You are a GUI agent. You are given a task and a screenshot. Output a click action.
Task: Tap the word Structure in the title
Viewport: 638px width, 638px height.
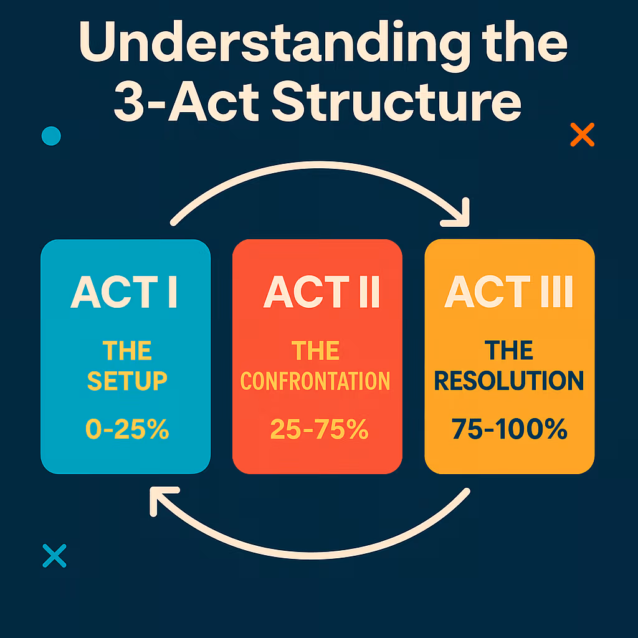tap(397, 102)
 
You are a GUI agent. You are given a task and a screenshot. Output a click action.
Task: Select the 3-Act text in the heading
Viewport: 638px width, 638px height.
tap(186, 102)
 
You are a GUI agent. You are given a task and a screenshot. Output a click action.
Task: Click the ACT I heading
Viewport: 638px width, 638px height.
tap(124, 292)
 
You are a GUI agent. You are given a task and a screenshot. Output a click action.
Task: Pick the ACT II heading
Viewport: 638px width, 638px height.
tap(321, 292)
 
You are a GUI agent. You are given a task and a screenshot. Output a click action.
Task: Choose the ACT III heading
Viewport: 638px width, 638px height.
tap(508, 292)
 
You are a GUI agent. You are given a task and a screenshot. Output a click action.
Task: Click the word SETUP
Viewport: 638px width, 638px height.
tap(127, 381)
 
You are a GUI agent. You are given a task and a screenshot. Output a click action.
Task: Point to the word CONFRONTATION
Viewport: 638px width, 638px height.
tap(315, 381)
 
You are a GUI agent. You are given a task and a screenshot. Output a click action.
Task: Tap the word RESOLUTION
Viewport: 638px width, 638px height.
tap(509, 381)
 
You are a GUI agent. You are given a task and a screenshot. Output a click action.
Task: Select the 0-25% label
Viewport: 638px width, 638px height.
tap(127, 429)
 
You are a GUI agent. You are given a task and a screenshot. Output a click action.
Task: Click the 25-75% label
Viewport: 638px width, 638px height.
tap(320, 429)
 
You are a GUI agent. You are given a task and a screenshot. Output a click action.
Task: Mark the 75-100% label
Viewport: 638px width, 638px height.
tap(510, 429)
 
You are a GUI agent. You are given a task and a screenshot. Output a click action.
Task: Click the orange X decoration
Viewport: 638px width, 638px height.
tap(583, 135)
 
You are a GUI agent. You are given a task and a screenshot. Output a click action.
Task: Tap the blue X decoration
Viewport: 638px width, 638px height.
tap(55, 555)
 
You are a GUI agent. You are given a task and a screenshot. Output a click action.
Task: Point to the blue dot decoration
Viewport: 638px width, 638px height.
tap(51, 136)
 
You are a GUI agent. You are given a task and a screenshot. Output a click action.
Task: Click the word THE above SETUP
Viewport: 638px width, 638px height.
tap(127, 350)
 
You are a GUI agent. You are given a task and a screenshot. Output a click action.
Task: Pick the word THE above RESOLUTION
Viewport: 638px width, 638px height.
tap(508, 350)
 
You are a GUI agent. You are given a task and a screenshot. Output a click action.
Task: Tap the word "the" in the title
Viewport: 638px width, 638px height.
tap(525, 42)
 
